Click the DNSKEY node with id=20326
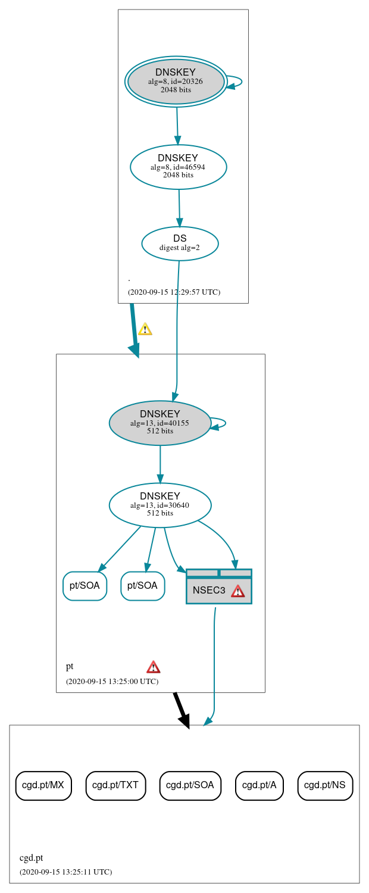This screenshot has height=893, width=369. [176, 82]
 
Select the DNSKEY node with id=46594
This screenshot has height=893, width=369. [178, 167]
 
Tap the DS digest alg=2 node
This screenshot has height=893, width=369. [180, 243]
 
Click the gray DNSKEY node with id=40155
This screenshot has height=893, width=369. [160, 423]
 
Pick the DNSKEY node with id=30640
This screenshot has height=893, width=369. [160, 505]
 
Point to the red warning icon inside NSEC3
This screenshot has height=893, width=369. [237, 591]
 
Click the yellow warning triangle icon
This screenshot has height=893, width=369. [145, 329]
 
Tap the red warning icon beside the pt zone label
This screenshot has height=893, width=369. [154, 667]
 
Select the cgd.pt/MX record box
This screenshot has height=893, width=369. [43, 785]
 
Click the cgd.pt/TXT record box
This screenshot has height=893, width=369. [115, 785]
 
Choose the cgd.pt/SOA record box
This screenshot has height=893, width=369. [190, 785]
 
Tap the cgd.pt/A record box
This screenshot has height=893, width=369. [259, 785]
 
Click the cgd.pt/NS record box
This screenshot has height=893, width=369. [325, 785]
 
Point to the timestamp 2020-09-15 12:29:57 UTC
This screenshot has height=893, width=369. [174, 292]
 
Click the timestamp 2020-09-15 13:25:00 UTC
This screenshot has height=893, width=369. [112, 681]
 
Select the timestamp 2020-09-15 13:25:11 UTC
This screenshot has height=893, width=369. [65, 872]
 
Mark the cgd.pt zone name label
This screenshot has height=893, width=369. [31, 858]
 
